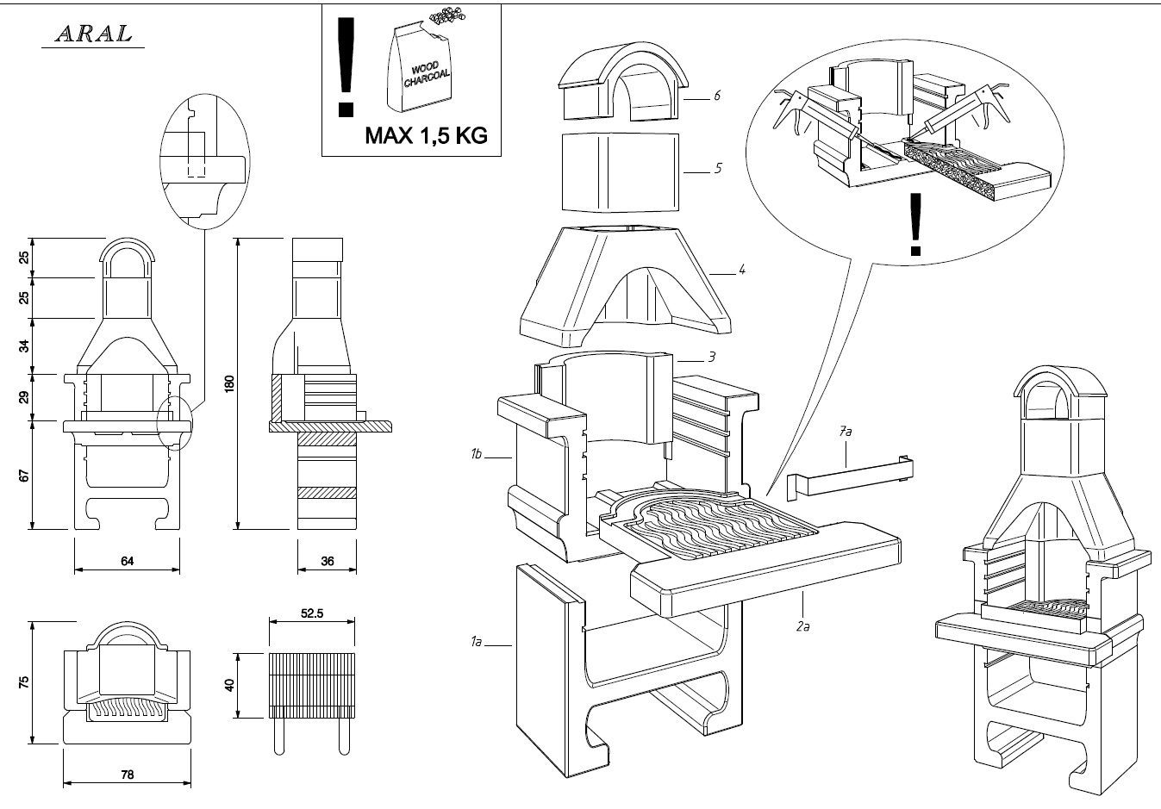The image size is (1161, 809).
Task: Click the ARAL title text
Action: (x=94, y=34)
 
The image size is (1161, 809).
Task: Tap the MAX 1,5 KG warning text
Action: (x=426, y=135)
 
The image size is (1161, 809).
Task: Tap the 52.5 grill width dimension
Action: (x=312, y=614)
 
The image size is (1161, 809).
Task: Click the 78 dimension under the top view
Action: (x=128, y=775)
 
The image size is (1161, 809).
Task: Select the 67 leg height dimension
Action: (x=25, y=475)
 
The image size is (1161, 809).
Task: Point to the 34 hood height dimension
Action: (x=25, y=346)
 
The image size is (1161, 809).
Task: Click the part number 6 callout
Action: (x=716, y=96)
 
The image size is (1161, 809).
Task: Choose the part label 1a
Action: (x=477, y=641)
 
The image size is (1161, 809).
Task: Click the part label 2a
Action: (x=802, y=626)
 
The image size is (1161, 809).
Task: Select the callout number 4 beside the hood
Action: (x=742, y=270)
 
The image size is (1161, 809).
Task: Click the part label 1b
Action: (x=476, y=453)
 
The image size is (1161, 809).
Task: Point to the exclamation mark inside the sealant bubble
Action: (x=915, y=225)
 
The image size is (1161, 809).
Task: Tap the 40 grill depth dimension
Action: (x=229, y=686)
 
